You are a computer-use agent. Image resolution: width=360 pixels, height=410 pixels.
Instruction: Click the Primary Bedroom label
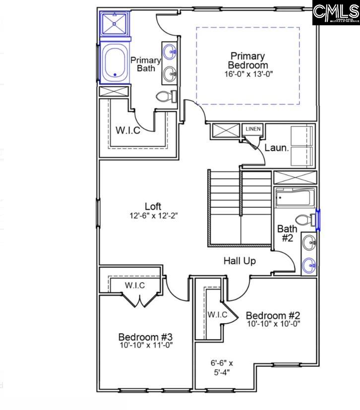tap(247, 60)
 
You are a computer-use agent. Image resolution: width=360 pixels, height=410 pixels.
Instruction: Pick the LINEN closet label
tap(252, 129)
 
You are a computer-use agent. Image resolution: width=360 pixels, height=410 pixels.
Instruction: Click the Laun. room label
tap(276, 147)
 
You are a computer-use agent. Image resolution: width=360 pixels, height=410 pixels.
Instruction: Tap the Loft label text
tap(153, 206)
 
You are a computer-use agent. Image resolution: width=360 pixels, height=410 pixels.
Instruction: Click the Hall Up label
tap(240, 260)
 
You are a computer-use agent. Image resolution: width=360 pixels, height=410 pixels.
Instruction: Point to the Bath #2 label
tap(287, 234)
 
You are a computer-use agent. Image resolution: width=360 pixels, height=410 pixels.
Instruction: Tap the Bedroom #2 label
tap(273, 315)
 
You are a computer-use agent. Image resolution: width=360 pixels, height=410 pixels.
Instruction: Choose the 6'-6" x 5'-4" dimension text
tap(222, 367)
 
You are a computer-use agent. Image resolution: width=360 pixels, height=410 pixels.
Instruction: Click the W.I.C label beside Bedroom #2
tap(217, 314)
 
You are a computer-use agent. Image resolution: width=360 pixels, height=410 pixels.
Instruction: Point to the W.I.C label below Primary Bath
tap(128, 130)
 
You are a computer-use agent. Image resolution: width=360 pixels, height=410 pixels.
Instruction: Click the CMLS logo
tap(336, 13)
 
